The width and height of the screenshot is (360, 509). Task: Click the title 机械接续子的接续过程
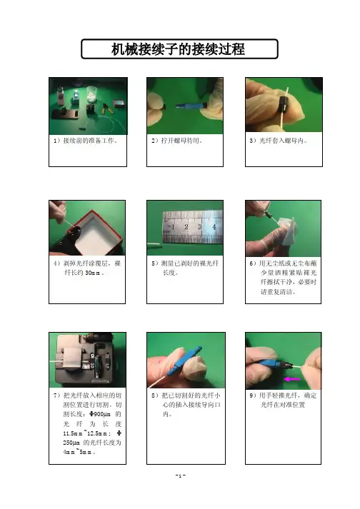pyautogui.click(x=178, y=49)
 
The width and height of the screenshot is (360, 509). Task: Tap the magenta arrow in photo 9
pyautogui.click(x=291, y=379)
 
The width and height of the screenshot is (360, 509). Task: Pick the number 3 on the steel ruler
pyautogui.click(x=200, y=226)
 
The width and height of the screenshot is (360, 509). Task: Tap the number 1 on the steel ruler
pyautogui.click(x=173, y=226)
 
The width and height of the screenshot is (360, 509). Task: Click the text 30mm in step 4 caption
pyautogui.click(x=93, y=273)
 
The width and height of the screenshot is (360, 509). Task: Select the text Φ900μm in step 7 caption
pyautogui.click(x=100, y=414)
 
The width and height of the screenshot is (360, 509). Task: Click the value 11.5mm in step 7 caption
pyautogui.click(x=73, y=433)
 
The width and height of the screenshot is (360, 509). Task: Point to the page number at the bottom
pyautogui.click(x=180, y=475)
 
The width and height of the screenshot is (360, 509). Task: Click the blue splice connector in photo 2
pyautogui.click(x=187, y=106)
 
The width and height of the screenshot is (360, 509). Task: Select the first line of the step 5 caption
pyautogui.click(x=185, y=263)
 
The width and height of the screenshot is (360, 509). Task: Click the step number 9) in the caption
pyautogui.click(x=253, y=395)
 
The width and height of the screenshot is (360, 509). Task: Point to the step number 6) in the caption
pyautogui.click(x=253, y=263)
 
